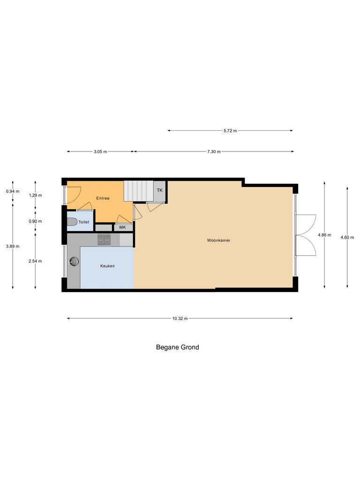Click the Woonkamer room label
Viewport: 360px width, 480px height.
pos(218,240)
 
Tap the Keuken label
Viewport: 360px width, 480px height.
pos(107,266)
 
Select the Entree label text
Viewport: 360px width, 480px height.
pos(103,198)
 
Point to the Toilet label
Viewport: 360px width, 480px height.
pos(83,222)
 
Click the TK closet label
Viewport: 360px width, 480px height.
pos(159,190)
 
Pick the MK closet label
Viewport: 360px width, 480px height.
pos(122,227)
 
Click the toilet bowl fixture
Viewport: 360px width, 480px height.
pos(71,222)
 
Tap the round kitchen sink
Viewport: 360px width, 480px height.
pos(74,262)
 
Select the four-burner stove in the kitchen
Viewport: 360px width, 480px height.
pos(104,240)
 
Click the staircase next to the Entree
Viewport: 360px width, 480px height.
pos(139,190)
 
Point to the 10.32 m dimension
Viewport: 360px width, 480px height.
pos(180,319)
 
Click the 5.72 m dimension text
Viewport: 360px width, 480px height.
pos(230,131)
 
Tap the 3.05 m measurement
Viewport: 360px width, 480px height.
pos(100,152)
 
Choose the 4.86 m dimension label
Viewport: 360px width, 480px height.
pos(324,235)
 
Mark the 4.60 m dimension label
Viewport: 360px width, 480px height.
pos(347,238)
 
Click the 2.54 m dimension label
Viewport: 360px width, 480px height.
pos(35,261)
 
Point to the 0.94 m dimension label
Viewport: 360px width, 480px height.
pos(13,191)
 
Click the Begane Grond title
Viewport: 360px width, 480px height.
pos(177,347)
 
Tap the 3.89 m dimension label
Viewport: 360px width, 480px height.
pos(13,246)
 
